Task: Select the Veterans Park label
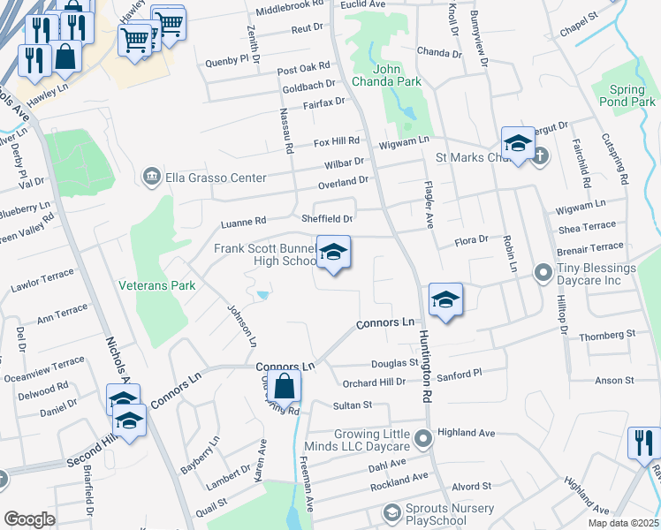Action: point(157,285)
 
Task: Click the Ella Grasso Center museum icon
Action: point(152,178)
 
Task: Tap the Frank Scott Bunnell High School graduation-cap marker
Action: point(333,254)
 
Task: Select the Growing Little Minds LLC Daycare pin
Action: point(425,437)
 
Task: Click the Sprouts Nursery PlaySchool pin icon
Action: point(392,512)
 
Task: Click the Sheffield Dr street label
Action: point(329,218)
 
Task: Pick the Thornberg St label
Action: point(607,336)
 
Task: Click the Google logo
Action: point(29,519)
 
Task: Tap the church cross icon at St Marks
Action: point(540,156)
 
